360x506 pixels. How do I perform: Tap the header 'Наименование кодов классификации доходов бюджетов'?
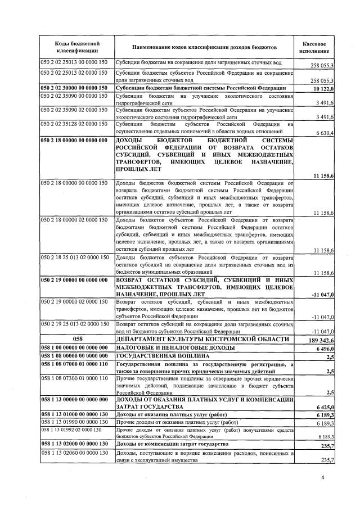tap(205, 48)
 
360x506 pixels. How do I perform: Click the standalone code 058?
tap(77, 340)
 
